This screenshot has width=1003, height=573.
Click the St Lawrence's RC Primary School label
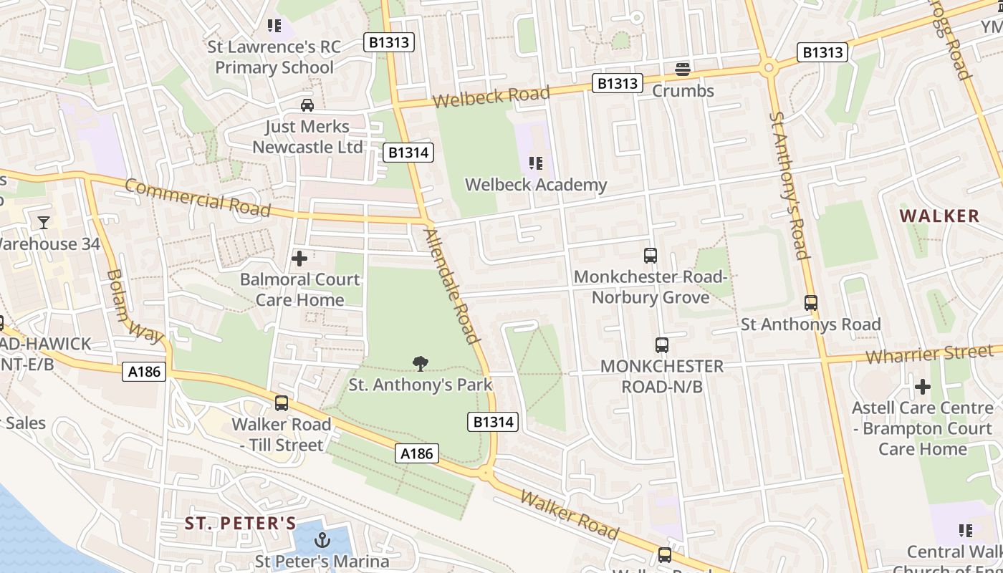(274, 57)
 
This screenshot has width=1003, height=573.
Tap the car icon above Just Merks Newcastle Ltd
(307, 105)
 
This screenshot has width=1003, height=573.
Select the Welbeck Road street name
(491, 96)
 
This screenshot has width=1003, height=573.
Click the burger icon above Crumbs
(683, 69)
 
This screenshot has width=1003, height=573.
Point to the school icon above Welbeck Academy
(536, 163)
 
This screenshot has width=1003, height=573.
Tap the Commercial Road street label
(198, 197)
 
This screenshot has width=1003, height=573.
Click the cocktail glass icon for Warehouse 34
(44, 223)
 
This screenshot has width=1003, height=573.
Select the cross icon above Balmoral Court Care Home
(299, 258)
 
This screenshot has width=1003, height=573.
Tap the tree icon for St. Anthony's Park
(421, 364)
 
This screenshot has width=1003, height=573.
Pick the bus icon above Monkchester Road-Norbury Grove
(651, 255)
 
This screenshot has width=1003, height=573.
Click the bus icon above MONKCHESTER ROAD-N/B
(661, 345)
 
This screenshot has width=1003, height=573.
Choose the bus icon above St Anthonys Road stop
(810, 303)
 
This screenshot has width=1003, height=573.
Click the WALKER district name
(939, 216)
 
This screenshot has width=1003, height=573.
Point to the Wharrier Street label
(929, 354)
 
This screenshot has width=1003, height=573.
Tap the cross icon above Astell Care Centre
(923, 387)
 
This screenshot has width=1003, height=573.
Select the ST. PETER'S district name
(241, 523)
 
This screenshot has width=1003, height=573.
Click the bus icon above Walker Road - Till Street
(282, 403)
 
